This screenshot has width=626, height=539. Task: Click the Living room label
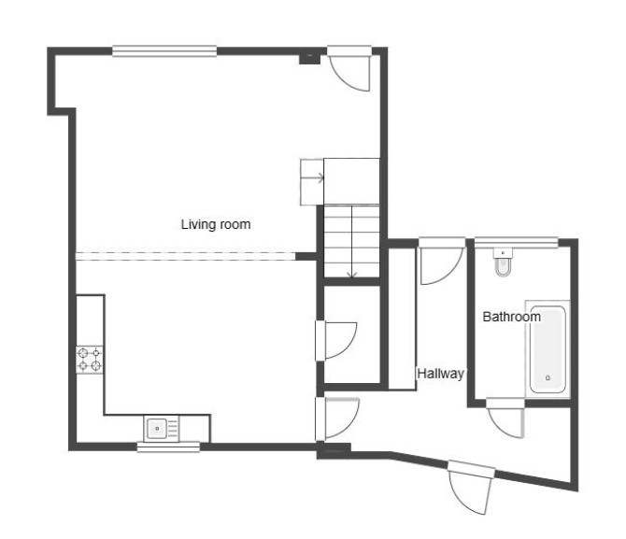(216, 224)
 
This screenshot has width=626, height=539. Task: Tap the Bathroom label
(511, 317)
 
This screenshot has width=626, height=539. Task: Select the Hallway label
(440, 374)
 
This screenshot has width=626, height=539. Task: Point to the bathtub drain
(548, 377)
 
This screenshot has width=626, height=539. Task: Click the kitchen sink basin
(157, 429)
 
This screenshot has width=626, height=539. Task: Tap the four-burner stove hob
(90, 360)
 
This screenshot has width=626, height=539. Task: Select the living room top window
(164, 51)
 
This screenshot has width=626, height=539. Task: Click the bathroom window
(516, 242)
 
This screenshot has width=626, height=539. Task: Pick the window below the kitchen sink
(168, 447)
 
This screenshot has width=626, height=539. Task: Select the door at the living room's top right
(350, 69)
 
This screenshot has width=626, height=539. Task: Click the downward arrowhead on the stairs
(351, 275)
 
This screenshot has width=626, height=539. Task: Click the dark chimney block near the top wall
(310, 58)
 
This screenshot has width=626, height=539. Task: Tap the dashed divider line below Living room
(186, 256)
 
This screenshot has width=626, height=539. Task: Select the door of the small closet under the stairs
(336, 341)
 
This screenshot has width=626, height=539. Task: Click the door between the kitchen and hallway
(337, 418)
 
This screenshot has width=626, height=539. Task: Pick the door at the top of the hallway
(441, 262)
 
